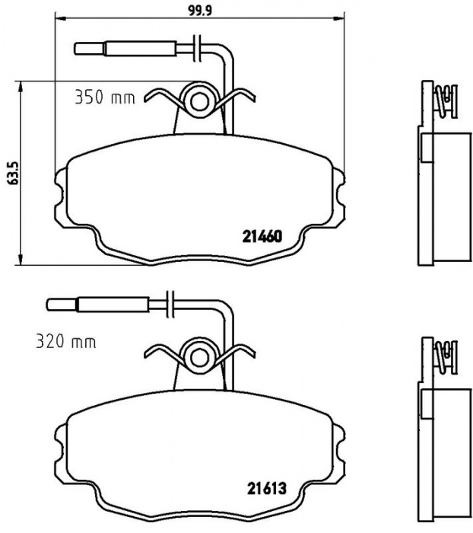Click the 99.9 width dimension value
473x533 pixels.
click(x=200, y=11)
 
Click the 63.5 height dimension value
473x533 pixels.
click(x=12, y=173)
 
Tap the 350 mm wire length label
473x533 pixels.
click(x=105, y=97)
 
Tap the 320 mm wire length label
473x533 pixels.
click(x=66, y=342)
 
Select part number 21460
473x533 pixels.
click(x=262, y=237)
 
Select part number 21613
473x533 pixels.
click(x=267, y=489)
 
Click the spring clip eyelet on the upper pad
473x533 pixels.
click(x=199, y=101)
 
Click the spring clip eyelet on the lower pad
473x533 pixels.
click(x=199, y=357)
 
